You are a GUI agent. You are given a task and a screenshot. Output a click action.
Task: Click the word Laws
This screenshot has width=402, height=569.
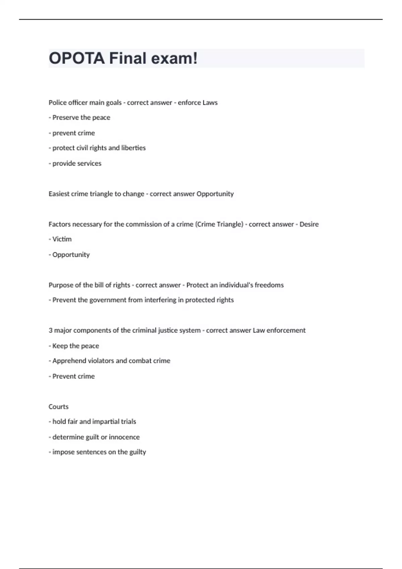point(210,103)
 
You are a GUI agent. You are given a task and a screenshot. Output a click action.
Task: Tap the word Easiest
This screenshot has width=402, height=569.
point(59,194)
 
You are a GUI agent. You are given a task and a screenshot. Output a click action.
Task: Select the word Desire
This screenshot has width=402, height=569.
point(309,224)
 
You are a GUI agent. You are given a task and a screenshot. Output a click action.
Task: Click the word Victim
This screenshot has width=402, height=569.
point(62,239)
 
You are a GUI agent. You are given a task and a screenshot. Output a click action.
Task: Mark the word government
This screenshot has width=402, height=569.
point(108,300)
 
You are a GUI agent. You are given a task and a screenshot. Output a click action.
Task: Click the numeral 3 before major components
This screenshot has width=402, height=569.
point(51,330)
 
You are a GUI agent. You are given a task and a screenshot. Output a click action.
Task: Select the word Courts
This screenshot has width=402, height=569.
point(59,407)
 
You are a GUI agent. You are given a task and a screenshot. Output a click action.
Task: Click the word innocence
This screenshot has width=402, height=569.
point(124,437)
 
